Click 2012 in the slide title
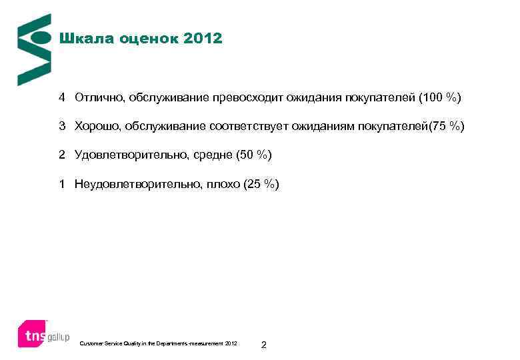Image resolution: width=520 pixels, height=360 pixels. [x=202, y=39]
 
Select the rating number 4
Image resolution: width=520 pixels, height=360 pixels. [x=61, y=98]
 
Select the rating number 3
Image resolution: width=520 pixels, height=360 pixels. [x=61, y=127]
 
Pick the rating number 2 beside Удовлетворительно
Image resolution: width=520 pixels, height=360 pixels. [x=61, y=155]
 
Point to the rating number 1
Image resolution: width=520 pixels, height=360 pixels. [x=61, y=184]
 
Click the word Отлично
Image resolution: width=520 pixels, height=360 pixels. [x=99, y=98]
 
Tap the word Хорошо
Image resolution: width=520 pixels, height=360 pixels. [x=97, y=127]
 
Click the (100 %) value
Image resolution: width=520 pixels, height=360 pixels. [x=439, y=98]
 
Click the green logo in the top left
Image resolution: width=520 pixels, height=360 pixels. [x=33, y=49]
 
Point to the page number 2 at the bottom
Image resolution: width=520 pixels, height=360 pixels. [x=264, y=344]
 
